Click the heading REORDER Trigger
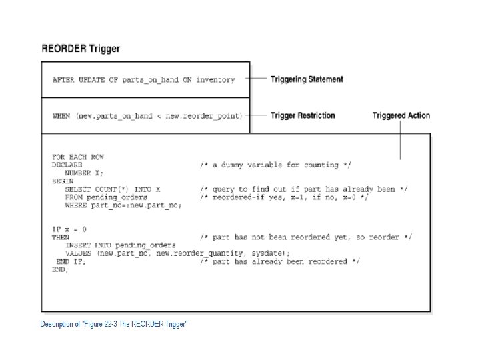point(81,49)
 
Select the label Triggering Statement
point(307,79)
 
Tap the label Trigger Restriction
point(303,115)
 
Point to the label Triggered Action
point(401,115)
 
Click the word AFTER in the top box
point(63,80)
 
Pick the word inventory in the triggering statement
point(215,80)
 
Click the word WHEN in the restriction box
point(61,116)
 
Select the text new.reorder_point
point(202,116)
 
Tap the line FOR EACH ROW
point(78,157)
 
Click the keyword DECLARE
point(67,165)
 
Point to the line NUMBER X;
point(83,173)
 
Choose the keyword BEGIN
point(63,181)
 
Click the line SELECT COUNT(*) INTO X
point(113,189)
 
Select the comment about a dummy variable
point(275,165)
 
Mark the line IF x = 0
point(69,229)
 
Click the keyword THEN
point(61,237)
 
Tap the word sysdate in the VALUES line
point(266,253)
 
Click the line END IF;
point(71,262)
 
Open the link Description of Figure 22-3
point(113,324)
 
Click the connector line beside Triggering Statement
point(255,79)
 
